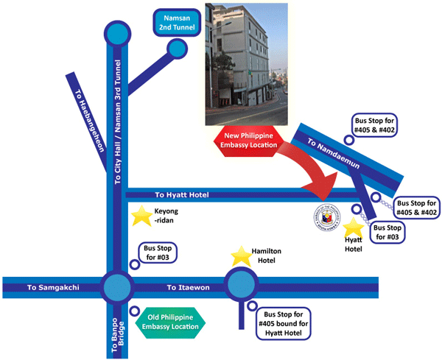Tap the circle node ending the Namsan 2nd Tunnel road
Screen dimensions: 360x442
pos(177,49)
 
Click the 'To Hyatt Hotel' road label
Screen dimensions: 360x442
pos(183,195)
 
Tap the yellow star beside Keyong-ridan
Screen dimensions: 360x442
pos(139,216)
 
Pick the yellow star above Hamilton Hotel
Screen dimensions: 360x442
pos(242,256)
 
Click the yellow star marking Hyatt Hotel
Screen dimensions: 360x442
pos(353,227)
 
